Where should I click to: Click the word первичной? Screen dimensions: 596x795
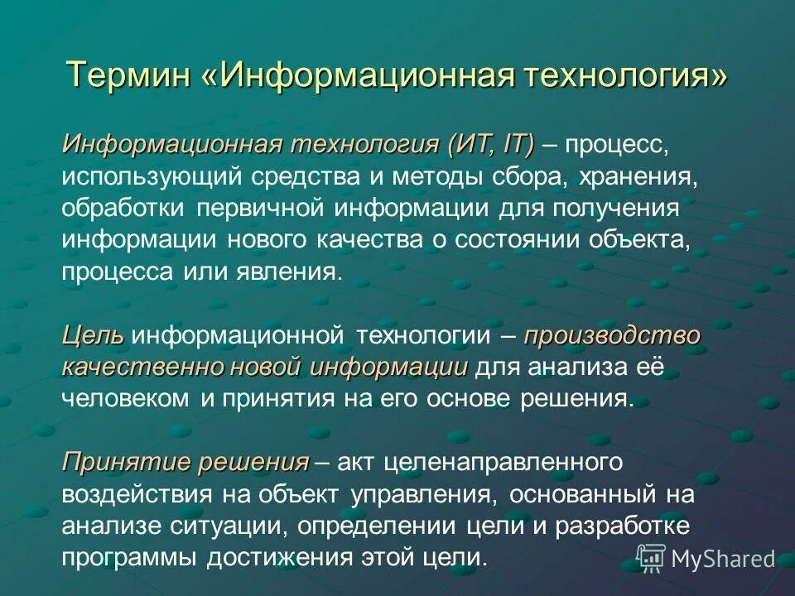tap(261, 208)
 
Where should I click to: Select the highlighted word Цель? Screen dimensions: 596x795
tap(93, 336)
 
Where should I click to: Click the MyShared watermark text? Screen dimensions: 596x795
tap(722, 560)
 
